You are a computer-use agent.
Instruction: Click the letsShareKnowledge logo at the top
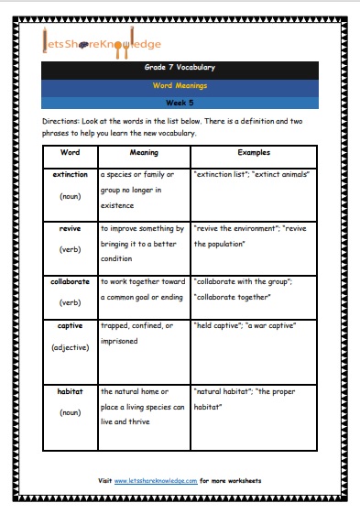(x=102, y=42)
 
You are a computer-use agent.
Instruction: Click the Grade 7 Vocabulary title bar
(x=180, y=70)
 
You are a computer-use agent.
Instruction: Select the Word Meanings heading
(x=180, y=86)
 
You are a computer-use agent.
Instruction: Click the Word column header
(x=70, y=152)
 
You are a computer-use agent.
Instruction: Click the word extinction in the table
(x=70, y=173)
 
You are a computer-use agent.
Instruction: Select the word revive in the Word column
(x=70, y=227)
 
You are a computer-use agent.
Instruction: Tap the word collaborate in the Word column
(x=70, y=281)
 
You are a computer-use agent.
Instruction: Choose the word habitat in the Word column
(x=70, y=391)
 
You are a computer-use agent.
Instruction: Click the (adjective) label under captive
(x=70, y=348)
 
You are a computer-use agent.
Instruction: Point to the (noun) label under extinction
(x=70, y=197)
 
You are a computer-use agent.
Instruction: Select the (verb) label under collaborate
(x=70, y=301)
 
